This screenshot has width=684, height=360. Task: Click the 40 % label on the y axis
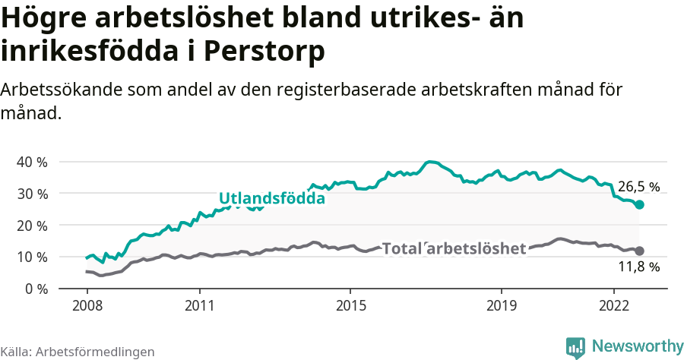(31, 162)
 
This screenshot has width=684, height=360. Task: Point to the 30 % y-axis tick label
(31, 194)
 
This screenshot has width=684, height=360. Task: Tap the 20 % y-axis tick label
(31, 226)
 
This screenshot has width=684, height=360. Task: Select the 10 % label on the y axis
(31, 257)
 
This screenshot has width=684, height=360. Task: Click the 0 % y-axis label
(35, 289)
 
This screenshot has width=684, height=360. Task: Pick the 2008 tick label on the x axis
(87, 306)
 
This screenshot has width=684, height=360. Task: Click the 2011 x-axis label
(199, 306)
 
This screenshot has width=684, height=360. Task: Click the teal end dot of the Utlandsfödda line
(640, 205)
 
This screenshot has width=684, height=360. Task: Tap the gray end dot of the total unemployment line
(640, 251)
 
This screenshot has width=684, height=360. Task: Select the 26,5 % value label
(638, 186)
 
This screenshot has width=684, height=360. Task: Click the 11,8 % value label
(638, 267)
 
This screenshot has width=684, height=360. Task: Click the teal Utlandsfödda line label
(272, 198)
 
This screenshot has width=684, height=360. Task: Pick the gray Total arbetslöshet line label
(454, 248)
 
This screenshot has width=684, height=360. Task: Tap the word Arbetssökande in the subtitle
(56, 90)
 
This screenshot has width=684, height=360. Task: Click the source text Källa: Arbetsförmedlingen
(78, 352)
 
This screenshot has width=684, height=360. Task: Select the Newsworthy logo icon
(576, 347)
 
